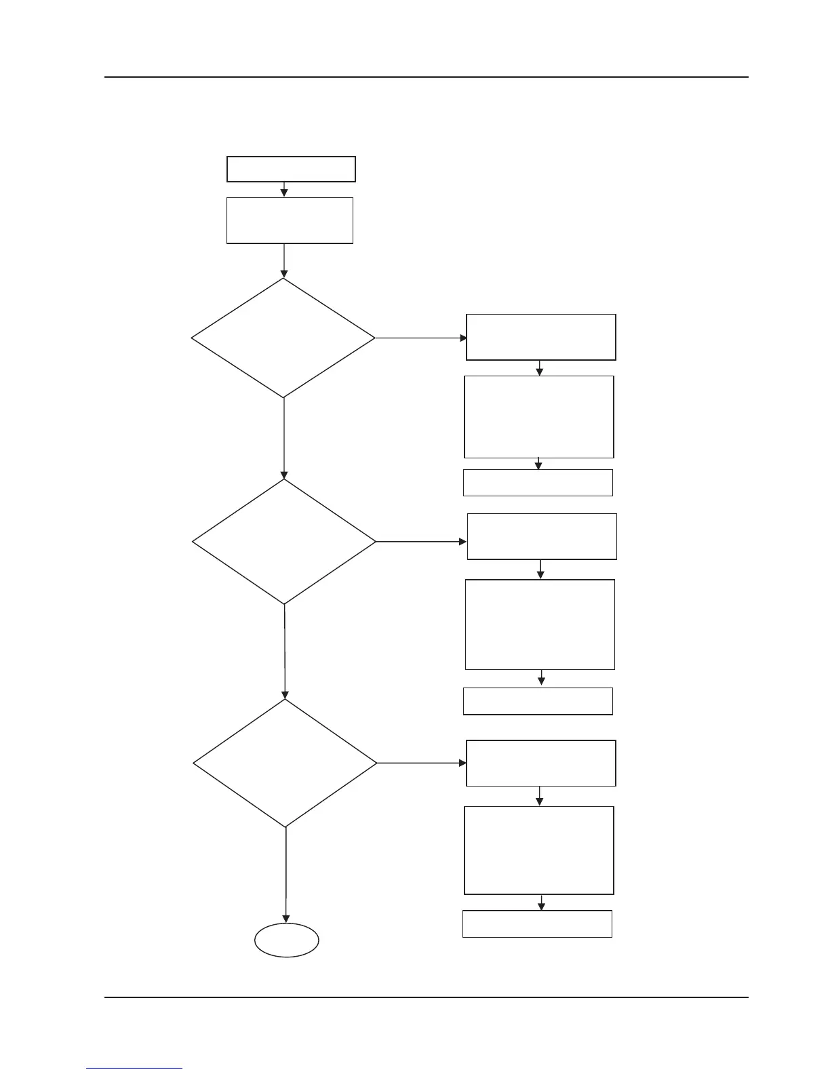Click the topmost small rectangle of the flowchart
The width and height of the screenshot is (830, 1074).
[291, 169]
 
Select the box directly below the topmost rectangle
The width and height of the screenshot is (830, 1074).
[290, 220]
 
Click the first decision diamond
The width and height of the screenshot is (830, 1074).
[283, 338]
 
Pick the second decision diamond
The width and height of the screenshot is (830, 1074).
[284, 542]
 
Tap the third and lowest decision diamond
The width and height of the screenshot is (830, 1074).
[285, 763]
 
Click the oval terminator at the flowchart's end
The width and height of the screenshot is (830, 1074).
[287, 940]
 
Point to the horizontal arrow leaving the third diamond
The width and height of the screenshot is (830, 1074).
[421, 763]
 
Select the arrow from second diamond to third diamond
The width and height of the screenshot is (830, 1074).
[285, 651]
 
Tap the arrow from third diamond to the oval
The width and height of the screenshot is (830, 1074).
[285, 875]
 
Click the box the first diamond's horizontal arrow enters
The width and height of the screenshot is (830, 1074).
[541, 337]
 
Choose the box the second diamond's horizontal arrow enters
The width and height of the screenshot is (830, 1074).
[542, 536]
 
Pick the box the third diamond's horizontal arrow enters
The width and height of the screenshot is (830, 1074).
[541, 763]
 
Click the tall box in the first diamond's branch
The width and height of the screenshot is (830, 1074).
[539, 417]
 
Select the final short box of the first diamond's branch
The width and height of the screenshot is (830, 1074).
[538, 483]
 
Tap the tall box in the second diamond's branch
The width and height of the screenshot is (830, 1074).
[540, 624]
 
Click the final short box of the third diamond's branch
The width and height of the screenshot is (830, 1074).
[537, 923]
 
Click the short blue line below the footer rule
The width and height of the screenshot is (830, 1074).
[135, 1069]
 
